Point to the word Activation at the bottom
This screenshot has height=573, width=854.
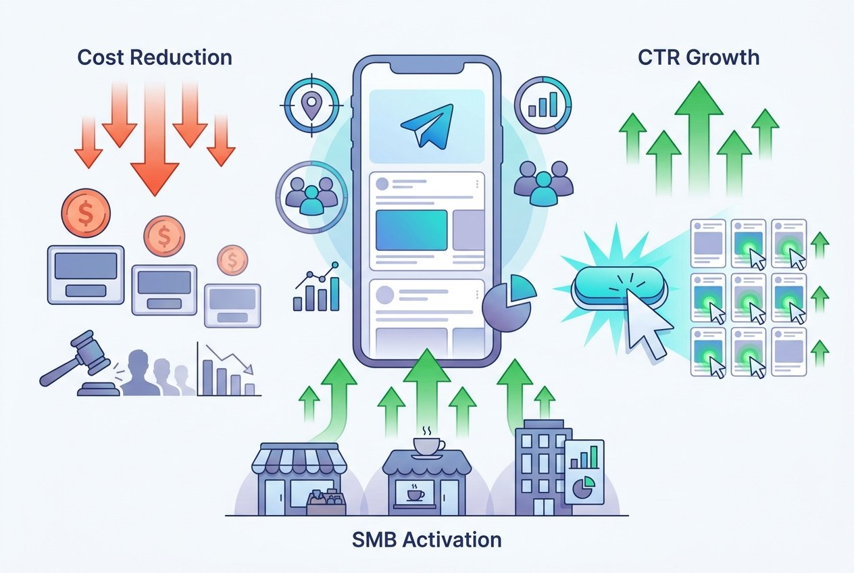pos(452,540)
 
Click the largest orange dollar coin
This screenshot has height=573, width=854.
pos(86,213)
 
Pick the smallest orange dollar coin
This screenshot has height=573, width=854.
pos(232,260)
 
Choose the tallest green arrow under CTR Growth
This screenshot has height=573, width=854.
pos(699,137)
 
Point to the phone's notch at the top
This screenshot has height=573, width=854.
pos(426,68)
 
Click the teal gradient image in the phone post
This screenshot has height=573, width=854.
pos(411,230)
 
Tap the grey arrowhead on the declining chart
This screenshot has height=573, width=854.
pos(249,369)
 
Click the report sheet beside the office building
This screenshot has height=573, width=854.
pos(584,472)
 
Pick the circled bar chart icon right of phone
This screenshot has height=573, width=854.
pos(543,105)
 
